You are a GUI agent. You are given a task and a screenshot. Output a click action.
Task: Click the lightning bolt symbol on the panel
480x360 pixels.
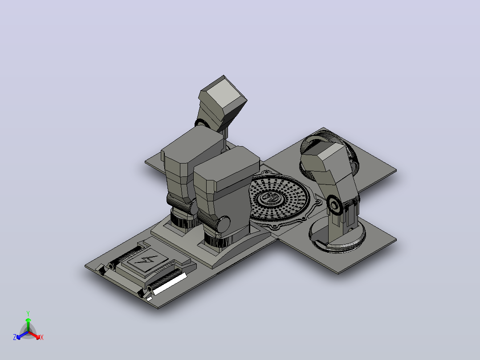pyautogui.click(x=146, y=259)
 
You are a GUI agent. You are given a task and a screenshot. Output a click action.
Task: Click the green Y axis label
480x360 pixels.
pyautogui.click(x=28, y=313)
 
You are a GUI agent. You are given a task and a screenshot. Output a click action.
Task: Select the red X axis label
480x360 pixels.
pyautogui.click(x=42, y=337)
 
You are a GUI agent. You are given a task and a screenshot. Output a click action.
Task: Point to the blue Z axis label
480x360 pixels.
pyautogui.click(x=15, y=337)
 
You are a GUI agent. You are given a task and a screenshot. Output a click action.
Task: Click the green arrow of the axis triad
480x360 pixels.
pyautogui.click(x=28, y=324)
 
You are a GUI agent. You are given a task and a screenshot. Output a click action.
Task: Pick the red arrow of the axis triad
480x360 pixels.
pyautogui.click(x=34, y=335)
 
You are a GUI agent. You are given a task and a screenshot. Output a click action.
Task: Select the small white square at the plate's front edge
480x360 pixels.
pyautogui.click(x=149, y=299)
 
